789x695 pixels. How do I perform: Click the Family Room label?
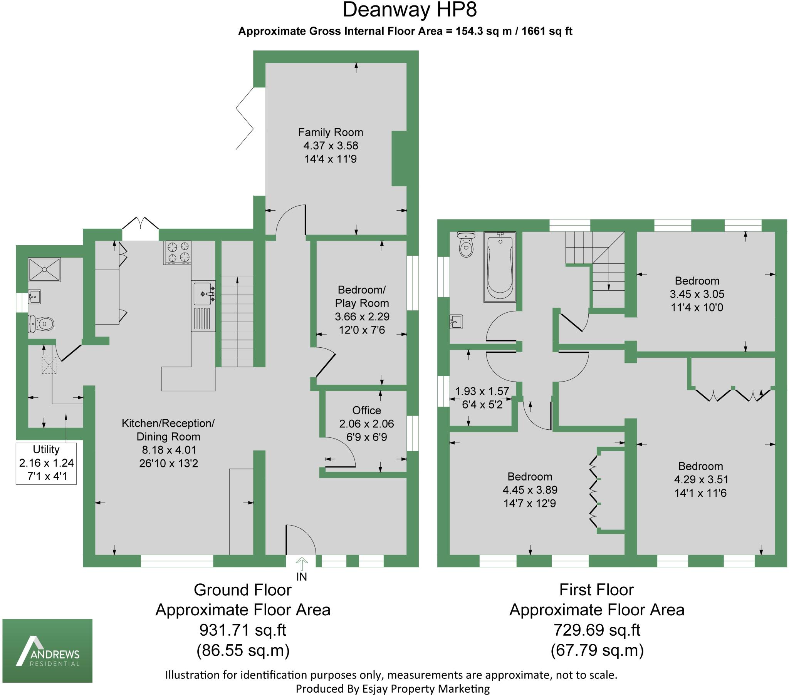click(331, 132)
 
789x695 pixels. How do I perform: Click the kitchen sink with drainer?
click(203, 306)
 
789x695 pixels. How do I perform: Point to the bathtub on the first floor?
click(500, 267)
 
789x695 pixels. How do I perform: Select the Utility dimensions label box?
click(46, 463)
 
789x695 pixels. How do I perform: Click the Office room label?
click(366, 410)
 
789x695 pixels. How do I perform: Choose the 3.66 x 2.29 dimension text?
click(362, 317)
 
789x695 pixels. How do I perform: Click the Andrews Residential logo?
click(47, 651)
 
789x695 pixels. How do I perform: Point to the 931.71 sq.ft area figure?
click(242, 630)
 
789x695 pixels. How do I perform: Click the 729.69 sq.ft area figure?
click(597, 630)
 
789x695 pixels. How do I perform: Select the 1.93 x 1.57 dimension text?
click(482, 391)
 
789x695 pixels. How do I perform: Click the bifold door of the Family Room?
click(245, 119)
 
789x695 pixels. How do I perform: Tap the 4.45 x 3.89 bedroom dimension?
click(530, 490)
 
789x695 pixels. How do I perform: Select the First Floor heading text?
click(596, 589)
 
